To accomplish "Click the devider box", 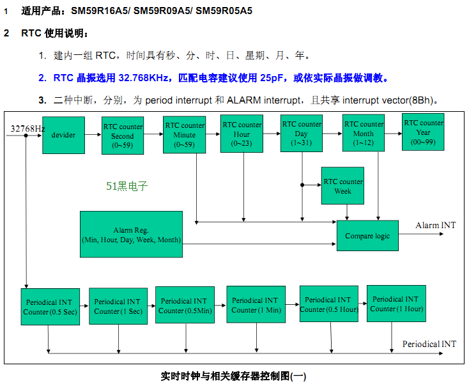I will (x=63, y=135).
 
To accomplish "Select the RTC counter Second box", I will (x=123, y=135).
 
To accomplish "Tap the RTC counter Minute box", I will (x=184, y=134).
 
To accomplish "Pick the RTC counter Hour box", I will (x=242, y=134).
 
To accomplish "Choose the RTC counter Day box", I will (x=302, y=133).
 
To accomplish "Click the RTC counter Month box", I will (x=363, y=133).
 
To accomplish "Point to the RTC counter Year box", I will (x=423, y=132).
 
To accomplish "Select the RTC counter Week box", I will (x=342, y=185).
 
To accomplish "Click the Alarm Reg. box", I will (x=132, y=234).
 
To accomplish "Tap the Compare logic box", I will (x=367, y=236).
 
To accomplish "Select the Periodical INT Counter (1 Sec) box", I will (x=118, y=306).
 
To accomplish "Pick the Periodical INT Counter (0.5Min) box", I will (x=184, y=305).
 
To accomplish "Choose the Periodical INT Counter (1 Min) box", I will (x=255, y=305).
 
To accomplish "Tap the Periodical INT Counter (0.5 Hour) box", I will (x=328, y=304).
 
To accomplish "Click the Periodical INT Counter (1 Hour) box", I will (x=396, y=304).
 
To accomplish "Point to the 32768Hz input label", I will (x=27, y=128).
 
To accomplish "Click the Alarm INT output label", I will (x=436, y=225).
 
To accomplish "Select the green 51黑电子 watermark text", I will (x=127, y=186).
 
